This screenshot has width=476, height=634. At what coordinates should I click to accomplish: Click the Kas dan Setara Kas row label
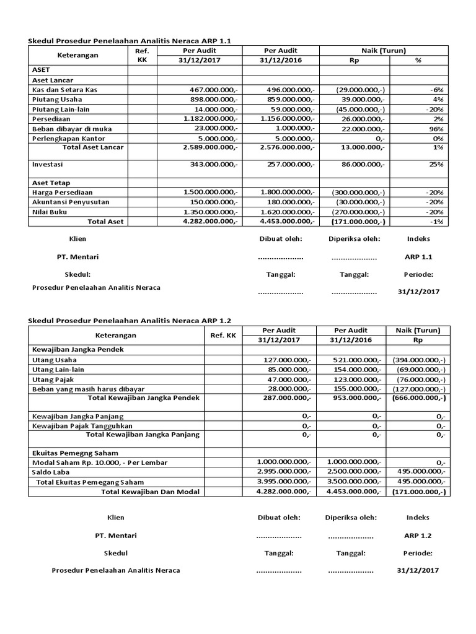[x=64, y=90]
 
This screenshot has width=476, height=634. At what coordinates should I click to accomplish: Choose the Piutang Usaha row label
[x=56, y=100]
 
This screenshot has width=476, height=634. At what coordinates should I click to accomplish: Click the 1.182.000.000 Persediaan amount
[x=211, y=119]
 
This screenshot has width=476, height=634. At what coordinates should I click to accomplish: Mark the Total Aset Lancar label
[x=93, y=147]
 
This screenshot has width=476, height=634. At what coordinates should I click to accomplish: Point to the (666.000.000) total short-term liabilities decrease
[x=419, y=398]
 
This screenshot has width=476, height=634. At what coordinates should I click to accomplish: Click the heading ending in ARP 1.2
[x=130, y=320]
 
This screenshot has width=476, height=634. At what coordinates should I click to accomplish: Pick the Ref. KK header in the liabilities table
[x=223, y=335]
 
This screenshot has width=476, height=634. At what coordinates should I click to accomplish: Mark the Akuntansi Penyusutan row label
[x=69, y=202]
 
